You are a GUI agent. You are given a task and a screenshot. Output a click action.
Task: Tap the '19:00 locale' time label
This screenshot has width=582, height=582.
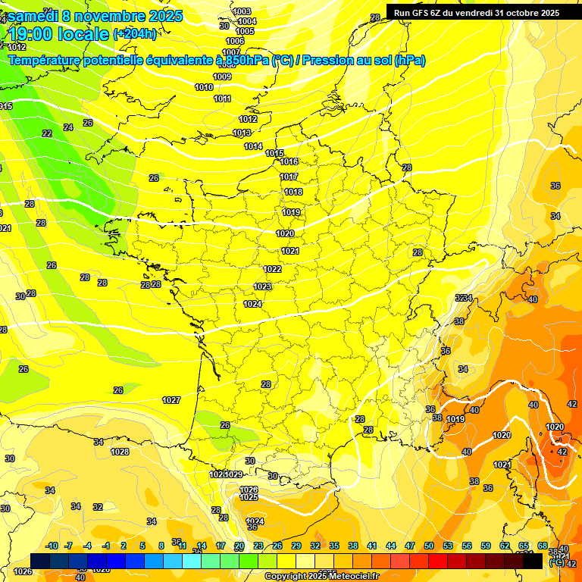click(59, 34)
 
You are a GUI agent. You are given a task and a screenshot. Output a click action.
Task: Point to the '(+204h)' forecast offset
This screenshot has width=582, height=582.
click(135, 34)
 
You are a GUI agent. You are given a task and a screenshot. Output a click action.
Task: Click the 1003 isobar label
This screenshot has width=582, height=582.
click(242, 11)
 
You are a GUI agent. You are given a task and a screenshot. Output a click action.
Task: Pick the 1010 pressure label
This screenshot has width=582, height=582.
click(204, 88)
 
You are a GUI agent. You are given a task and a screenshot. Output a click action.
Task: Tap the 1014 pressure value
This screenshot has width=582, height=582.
click(253, 147)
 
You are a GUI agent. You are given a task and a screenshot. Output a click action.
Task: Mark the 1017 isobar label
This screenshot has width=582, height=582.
click(289, 177)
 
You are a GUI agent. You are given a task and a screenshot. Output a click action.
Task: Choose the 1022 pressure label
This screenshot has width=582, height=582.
click(273, 270)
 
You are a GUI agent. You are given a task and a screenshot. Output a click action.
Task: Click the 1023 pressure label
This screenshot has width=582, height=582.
click(262, 287)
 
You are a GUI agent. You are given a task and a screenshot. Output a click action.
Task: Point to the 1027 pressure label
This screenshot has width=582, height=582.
click(171, 400)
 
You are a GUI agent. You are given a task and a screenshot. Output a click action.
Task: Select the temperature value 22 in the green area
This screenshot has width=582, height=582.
click(47, 133)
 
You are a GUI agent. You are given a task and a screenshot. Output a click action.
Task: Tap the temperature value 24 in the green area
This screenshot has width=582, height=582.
click(68, 127)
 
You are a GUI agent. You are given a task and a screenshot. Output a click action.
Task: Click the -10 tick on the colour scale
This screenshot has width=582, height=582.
click(52, 546)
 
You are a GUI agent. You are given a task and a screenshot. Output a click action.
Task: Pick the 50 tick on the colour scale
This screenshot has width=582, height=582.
click(429, 546)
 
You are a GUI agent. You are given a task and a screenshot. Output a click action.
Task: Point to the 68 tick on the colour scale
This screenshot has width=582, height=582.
click(543, 546)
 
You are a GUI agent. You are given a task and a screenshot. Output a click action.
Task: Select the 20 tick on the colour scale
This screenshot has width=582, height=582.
click(239, 546)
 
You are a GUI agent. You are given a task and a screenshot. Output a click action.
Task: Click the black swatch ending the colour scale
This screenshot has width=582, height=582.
click(533, 561)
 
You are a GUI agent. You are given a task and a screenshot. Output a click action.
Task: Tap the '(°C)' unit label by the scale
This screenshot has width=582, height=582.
click(557, 562)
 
